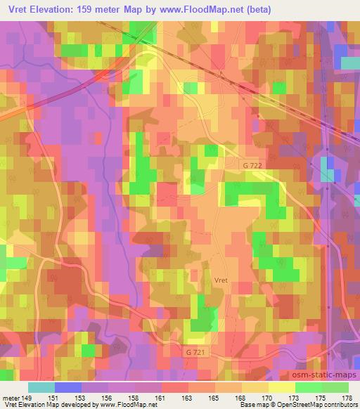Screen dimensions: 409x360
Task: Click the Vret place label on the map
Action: click(x=221, y=279)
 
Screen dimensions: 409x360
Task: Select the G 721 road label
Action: click(x=198, y=349)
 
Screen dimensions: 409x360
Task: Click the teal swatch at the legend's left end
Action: click(x=41, y=387)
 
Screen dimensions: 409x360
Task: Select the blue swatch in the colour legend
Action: click(x=68, y=387)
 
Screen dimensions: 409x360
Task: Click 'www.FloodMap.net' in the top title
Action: click(x=188, y=9)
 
